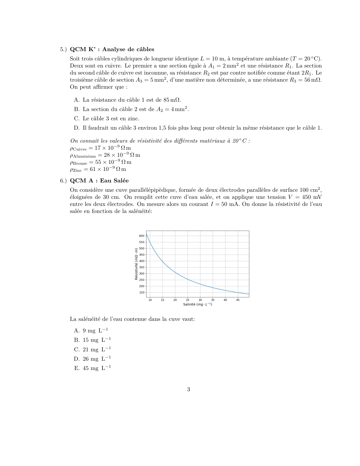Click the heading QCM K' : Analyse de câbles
(x=112, y=49)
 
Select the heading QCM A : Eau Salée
(x=99, y=181)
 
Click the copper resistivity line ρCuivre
(x=100, y=148)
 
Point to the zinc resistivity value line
(x=98, y=169)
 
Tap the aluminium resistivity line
(x=105, y=155)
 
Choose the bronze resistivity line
(x=101, y=162)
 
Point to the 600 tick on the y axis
(x=141, y=236)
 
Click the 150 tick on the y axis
(x=141, y=293)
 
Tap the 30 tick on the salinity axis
(x=200, y=300)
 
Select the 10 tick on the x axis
(x=150, y=300)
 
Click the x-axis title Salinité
(x=197, y=304)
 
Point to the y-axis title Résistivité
(x=136, y=264)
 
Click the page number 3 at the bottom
(x=188, y=389)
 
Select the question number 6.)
(x=63, y=181)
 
